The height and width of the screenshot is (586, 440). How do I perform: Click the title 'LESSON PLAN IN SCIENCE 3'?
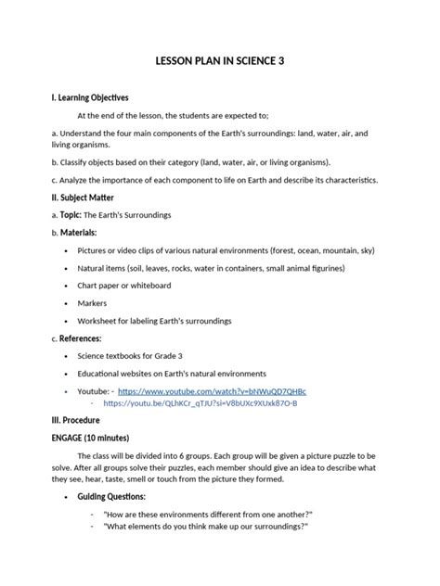219,62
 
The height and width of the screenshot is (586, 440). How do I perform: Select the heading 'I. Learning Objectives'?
90,97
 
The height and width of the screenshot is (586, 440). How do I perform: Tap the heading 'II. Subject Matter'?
83,197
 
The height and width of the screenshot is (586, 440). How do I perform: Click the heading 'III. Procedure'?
75,420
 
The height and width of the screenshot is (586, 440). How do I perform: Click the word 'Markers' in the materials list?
92,302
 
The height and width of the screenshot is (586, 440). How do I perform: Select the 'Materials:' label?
79,232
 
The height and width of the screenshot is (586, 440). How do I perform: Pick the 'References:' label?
81,338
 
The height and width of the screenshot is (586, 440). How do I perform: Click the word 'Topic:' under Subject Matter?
73,214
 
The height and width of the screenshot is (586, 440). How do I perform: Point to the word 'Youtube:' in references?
96,391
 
